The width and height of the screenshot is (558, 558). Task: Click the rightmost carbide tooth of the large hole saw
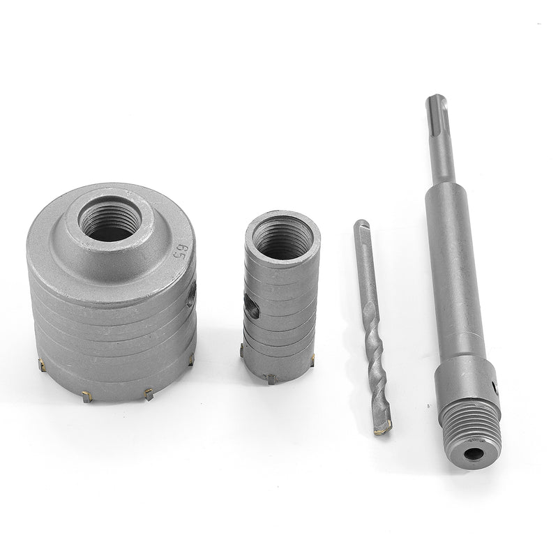coord(190,359)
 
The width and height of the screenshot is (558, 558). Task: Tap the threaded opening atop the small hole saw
coord(282,237)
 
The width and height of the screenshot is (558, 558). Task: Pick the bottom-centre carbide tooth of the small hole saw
coord(271,379)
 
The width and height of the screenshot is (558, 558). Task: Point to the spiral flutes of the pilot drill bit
coord(376,363)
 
